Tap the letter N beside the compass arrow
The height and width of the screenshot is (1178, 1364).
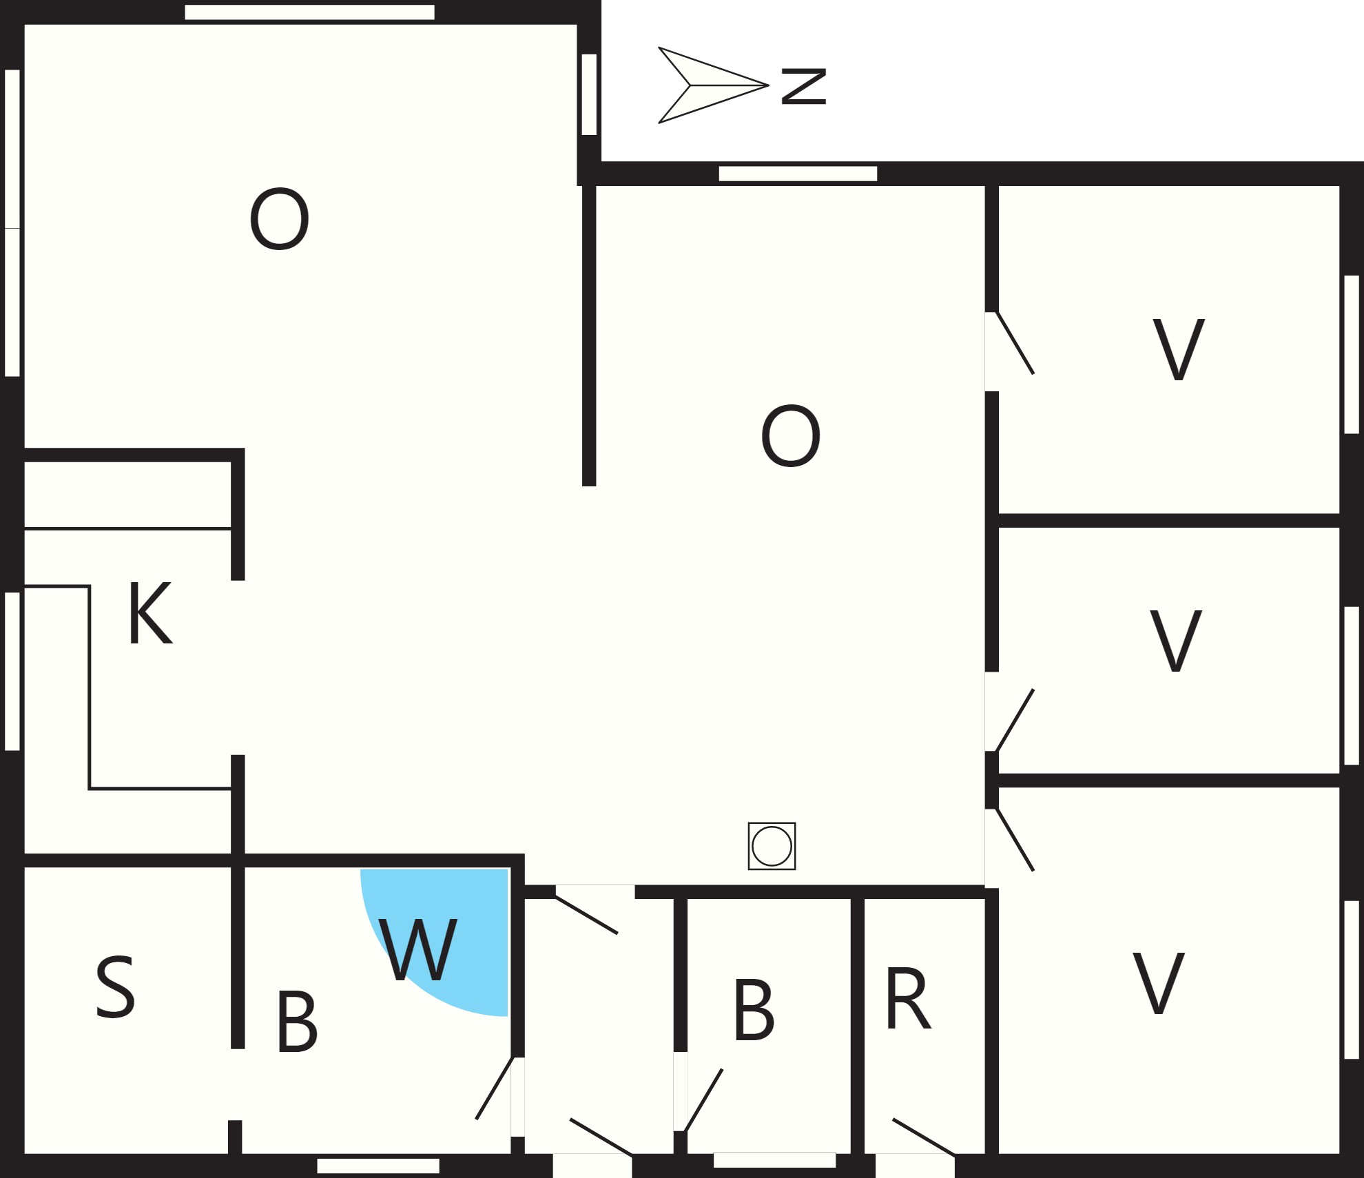pos(803,86)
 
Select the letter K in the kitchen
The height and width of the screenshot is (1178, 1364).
pos(149,614)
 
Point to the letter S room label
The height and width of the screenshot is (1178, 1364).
pos(115,988)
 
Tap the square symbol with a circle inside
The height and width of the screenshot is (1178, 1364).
pos(772,846)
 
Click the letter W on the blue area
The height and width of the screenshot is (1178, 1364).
pos(418,950)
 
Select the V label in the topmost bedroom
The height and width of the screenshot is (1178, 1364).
pos(1178,349)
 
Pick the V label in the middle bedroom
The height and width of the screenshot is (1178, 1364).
pos(1176,641)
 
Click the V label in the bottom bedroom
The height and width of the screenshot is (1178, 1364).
pos(1159,983)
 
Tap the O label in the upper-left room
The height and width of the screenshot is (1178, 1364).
pos(279,220)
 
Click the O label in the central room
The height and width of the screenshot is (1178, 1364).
pos(791,436)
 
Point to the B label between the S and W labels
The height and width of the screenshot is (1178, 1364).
pos(297,1022)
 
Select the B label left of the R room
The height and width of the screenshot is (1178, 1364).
pos(754,1010)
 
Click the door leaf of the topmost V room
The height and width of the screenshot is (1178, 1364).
pos(1015,343)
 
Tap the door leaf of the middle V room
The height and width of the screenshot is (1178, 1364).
pos(1015,720)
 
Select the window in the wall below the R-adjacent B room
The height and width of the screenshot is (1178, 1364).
pos(774,1161)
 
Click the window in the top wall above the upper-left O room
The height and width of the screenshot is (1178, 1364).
pos(310,12)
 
